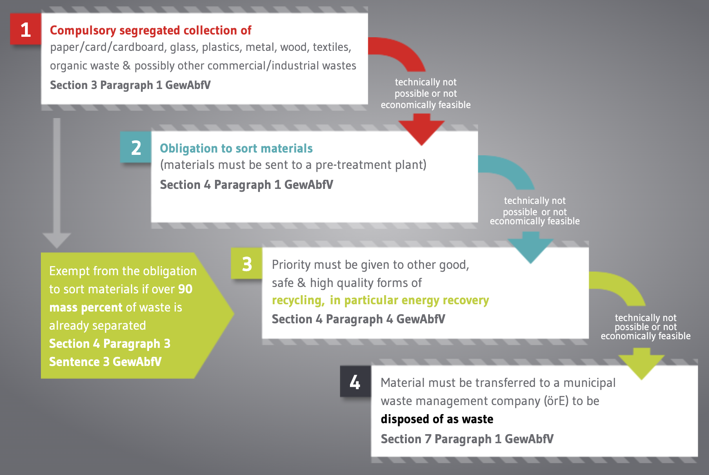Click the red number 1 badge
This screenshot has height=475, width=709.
point(25,29)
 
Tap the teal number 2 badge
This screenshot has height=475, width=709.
point(135,147)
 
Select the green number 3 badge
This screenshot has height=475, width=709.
point(247,263)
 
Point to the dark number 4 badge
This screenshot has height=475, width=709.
point(355,381)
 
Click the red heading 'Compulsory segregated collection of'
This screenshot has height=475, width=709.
point(151,30)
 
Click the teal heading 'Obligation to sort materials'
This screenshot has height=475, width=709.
point(236,148)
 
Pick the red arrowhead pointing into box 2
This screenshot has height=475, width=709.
point(422,130)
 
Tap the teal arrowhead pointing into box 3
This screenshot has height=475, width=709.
point(531,247)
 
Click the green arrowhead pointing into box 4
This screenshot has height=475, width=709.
point(642,364)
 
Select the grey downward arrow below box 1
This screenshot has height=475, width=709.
point(57,183)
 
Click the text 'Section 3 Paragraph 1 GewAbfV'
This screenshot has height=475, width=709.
point(130,85)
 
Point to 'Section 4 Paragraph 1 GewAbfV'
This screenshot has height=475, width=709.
point(246,185)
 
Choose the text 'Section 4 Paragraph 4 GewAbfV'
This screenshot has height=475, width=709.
point(358,319)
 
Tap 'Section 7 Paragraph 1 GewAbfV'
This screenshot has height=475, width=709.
point(467,439)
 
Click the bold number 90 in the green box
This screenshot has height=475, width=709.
point(185,289)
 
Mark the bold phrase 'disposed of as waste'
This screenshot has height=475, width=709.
point(437,419)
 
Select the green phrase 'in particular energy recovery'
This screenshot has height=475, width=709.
point(409,300)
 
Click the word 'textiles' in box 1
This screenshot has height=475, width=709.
point(332,47)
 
